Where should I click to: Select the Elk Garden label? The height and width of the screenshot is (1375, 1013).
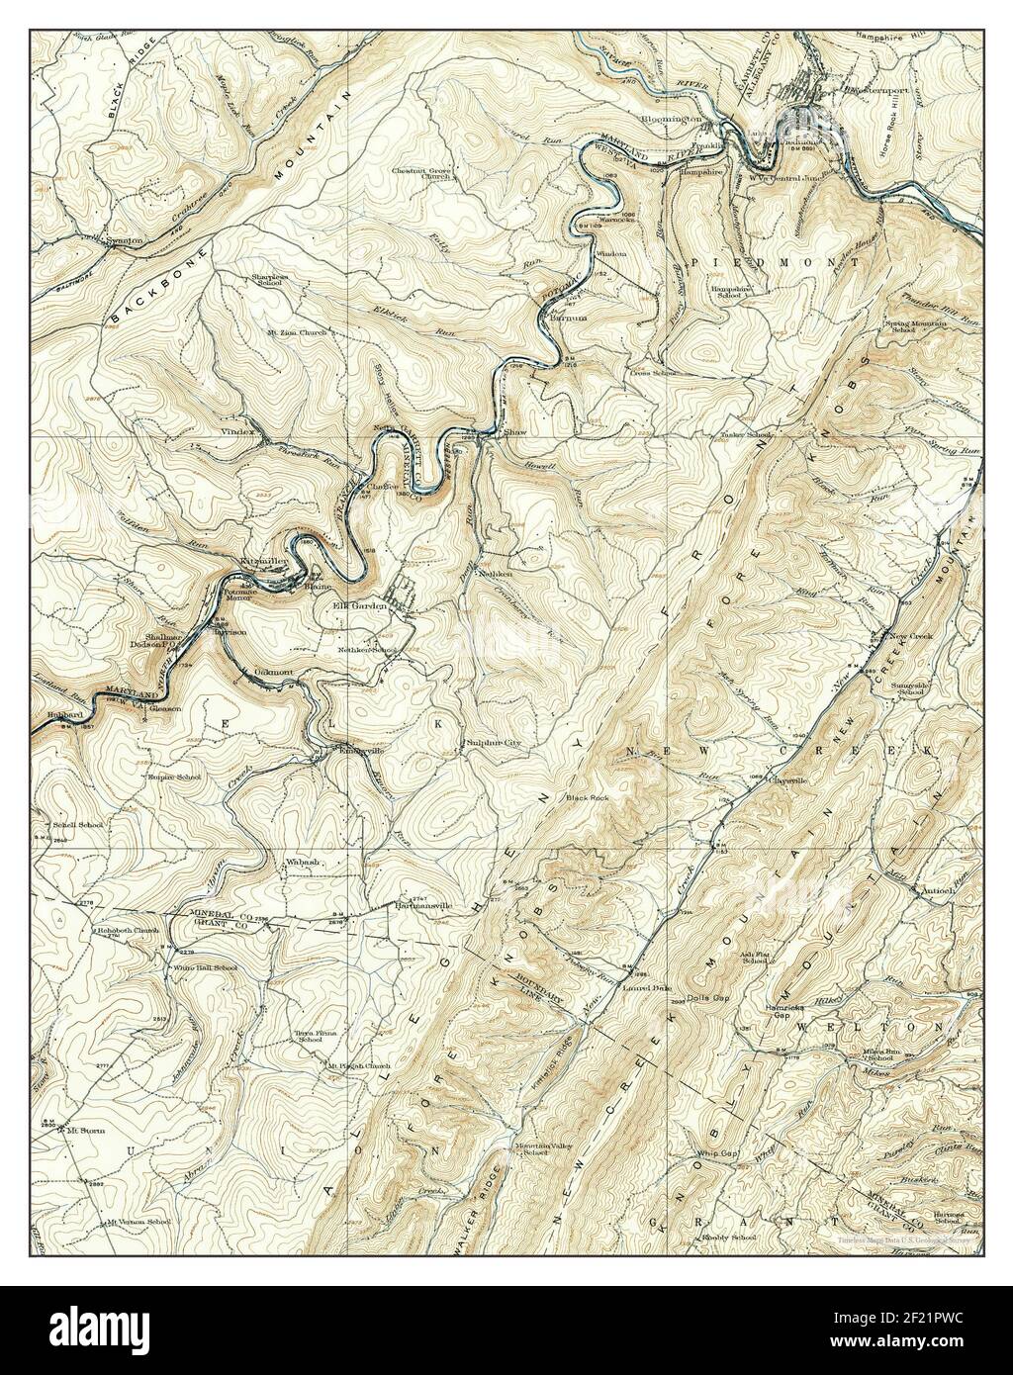(x=359, y=605)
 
